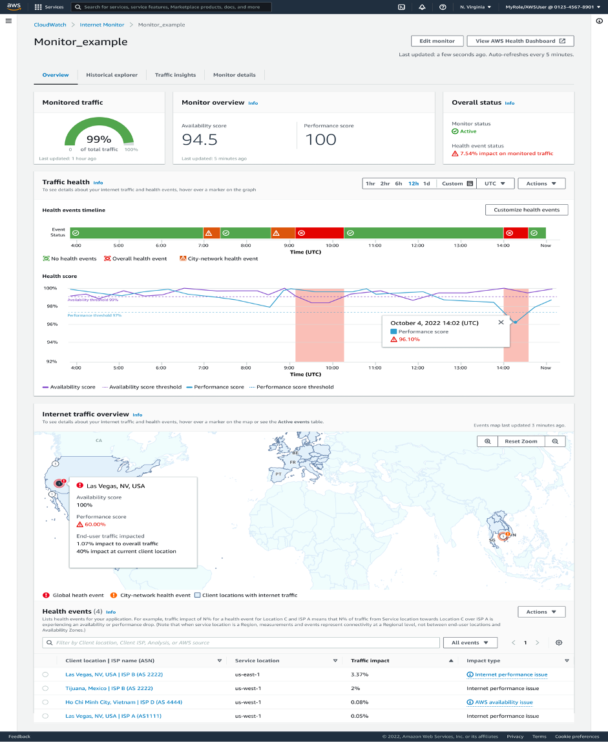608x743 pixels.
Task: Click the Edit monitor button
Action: click(x=437, y=41)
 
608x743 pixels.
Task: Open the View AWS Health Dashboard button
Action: click(x=520, y=41)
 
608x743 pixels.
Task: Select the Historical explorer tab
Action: click(x=112, y=75)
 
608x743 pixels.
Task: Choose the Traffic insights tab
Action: click(x=175, y=75)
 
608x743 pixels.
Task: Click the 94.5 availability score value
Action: click(x=200, y=140)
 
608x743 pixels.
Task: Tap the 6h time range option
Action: click(x=399, y=183)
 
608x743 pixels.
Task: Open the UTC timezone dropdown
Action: click(x=499, y=183)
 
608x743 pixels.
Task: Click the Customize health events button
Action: click(x=526, y=210)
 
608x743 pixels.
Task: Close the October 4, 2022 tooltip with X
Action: click(x=501, y=322)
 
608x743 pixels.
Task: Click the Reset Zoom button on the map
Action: click(x=521, y=441)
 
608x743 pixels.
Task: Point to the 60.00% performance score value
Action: click(x=95, y=525)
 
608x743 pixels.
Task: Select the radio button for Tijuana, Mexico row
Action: click(x=45, y=688)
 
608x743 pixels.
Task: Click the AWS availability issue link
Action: click(x=503, y=702)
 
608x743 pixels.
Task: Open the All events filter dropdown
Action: click(x=470, y=643)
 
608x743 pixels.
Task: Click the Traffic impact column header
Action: click(x=370, y=660)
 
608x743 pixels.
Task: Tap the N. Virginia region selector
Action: click(x=475, y=7)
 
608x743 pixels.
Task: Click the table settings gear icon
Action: click(x=559, y=643)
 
